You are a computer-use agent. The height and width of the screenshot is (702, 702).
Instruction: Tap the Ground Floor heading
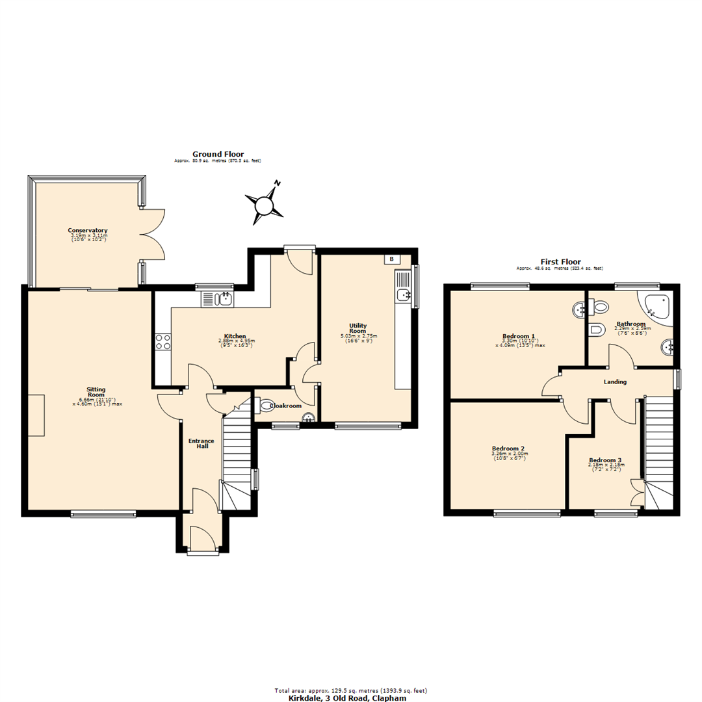(x=218, y=154)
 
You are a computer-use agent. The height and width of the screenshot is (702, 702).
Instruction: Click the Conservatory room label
(x=88, y=231)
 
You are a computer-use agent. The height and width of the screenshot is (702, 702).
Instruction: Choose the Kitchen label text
(x=235, y=336)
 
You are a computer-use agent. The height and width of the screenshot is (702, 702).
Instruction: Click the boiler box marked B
(x=391, y=259)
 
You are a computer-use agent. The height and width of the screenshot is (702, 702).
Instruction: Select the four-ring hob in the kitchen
(x=162, y=341)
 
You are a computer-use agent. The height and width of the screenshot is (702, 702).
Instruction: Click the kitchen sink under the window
(x=218, y=299)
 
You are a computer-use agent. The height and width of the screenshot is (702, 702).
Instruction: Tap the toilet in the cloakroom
(x=266, y=406)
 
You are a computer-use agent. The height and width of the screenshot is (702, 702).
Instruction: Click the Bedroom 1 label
(x=514, y=336)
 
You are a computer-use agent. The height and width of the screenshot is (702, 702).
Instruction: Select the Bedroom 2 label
(x=508, y=448)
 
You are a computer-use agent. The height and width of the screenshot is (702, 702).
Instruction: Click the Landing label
(x=614, y=382)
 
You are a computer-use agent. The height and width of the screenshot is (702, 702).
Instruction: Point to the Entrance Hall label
(x=201, y=444)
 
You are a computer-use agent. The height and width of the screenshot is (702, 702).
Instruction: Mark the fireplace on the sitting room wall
(x=37, y=415)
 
